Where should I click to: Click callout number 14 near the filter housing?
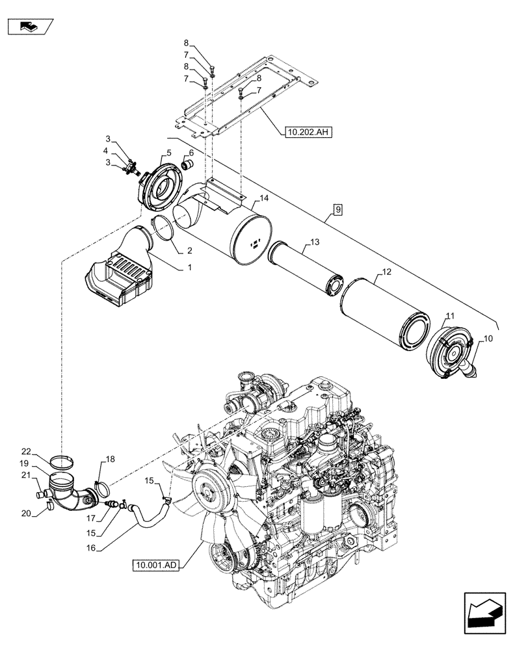pyautogui.click(x=263, y=198)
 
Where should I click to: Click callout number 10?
pyautogui.click(x=488, y=340)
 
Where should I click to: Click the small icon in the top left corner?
pyautogui.click(x=29, y=27)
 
